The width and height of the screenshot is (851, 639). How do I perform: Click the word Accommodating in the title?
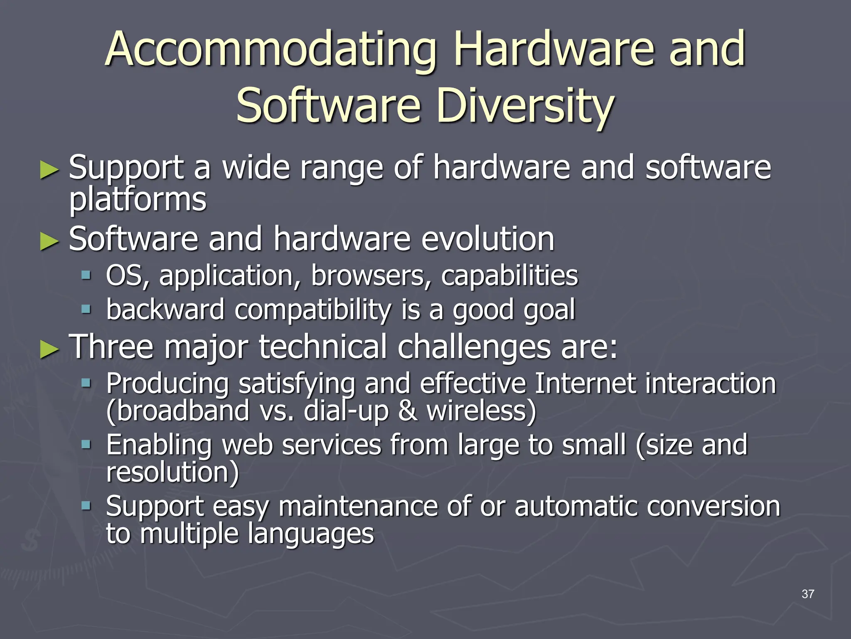271,50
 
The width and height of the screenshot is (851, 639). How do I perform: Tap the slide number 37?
807,594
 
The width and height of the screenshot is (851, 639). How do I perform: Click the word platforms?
138,200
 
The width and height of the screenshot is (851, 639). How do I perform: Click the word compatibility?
313,310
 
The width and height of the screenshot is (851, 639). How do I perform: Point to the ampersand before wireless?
408,411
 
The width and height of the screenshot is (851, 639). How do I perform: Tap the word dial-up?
346,411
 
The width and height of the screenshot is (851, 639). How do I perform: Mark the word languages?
311,534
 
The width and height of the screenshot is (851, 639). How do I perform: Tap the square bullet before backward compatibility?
86,310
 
